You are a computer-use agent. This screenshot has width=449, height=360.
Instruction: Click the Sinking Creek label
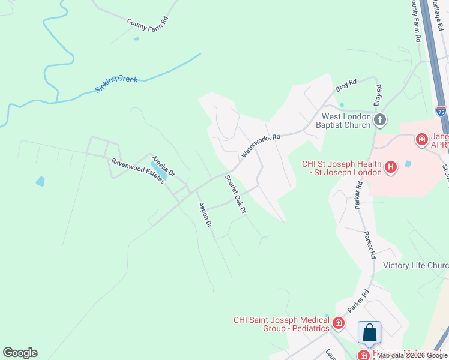coord(116,85)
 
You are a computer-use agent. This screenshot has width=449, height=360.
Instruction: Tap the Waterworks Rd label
coord(261,146)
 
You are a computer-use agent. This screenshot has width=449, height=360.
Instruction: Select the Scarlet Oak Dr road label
coord(236,194)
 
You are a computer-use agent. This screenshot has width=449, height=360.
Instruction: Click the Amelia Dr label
coord(163,166)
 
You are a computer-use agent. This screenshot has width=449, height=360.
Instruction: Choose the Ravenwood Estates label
coord(137,171)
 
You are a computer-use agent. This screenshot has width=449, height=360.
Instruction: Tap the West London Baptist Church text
coord(346,121)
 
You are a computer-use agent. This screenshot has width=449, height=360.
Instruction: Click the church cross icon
coord(379,120)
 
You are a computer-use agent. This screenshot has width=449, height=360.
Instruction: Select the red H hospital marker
coord(390,166)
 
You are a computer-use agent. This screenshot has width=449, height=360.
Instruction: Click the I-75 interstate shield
coord(441,111)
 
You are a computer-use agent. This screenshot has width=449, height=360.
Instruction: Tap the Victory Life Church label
coord(415,265)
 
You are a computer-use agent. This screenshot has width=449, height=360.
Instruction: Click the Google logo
coord(20,353)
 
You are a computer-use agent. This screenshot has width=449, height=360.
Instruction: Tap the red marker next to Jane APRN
coord(422,140)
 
